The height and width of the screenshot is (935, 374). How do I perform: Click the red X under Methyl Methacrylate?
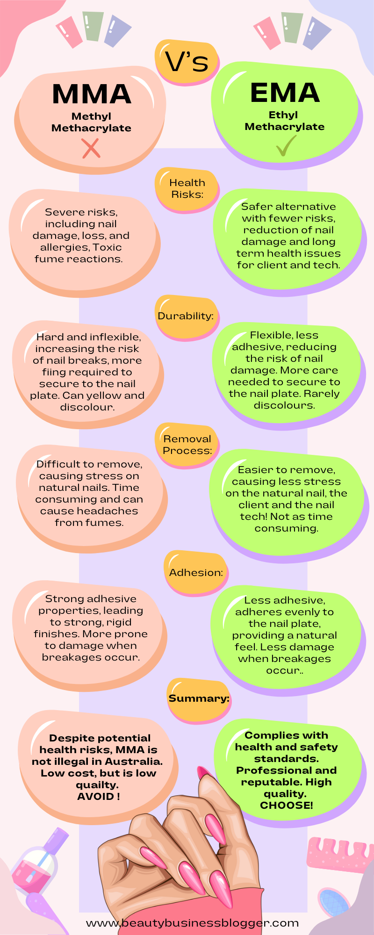[91, 149]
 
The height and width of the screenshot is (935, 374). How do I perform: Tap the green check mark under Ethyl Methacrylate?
[286, 145]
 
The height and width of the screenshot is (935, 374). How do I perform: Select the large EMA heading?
[285, 93]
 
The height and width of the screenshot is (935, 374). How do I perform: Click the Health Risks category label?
[187, 188]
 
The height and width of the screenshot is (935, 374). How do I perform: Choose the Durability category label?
[186, 316]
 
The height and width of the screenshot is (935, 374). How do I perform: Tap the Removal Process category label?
[187, 445]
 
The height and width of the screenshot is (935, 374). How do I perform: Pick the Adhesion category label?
[196, 573]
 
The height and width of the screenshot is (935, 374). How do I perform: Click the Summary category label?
[199, 698]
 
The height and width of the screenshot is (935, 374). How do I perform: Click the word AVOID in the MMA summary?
[95, 796]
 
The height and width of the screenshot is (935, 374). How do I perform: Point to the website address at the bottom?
[192, 923]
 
